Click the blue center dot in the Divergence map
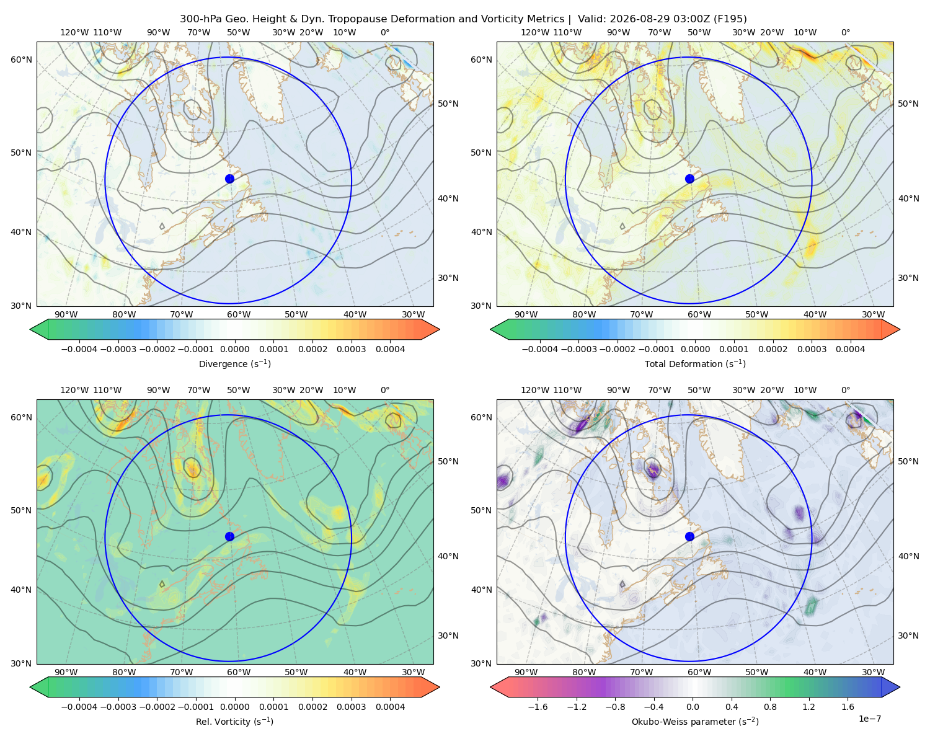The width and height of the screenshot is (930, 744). (229, 179)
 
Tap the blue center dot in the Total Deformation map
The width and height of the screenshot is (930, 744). (689, 179)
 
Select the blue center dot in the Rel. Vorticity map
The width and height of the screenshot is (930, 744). (229, 536)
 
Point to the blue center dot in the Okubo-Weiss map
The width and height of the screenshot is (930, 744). (689, 536)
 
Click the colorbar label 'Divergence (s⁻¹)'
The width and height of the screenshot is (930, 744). (234, 363)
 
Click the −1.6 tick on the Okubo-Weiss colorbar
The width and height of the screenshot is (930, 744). (538, 706)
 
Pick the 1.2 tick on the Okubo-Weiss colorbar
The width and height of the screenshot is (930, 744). (808, 706)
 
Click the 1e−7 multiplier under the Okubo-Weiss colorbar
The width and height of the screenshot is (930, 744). (869, 719)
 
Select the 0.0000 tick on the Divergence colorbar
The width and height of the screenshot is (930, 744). (234, 349)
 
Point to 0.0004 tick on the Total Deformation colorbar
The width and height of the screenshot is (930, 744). (850, 349)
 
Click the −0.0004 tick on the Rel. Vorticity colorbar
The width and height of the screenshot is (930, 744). (79, 706)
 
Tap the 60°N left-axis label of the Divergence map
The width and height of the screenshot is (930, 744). (21, 60)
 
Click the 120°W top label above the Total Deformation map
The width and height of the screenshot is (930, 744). (534, 32)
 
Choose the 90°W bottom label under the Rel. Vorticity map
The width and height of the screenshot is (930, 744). (66, 672)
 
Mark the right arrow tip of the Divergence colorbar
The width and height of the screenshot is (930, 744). (440, 329)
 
